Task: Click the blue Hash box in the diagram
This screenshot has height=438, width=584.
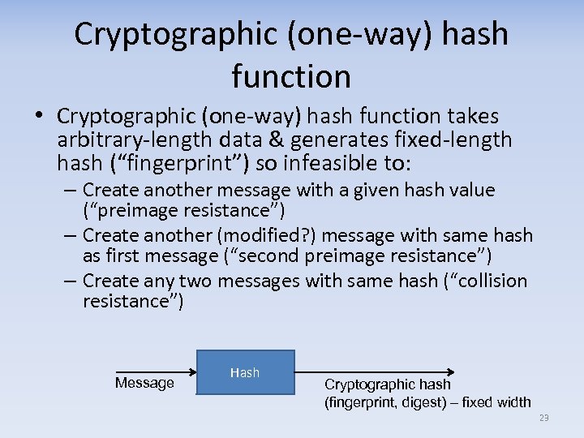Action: [x=246, y=373]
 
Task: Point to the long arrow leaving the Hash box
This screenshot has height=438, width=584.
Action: [x=373, y=375]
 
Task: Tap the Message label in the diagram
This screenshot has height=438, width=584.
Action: [x=144, y=383]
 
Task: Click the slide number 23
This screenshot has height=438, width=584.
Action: [x=543, y=418]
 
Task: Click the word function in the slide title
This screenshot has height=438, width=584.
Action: [x=291, y=76]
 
